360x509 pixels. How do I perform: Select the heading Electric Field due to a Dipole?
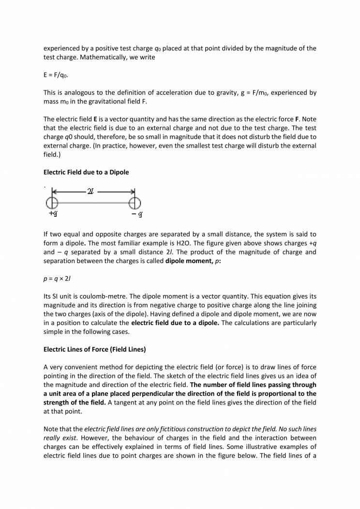tap(86, 172)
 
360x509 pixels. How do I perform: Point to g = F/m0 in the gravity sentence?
tap(256, 92)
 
